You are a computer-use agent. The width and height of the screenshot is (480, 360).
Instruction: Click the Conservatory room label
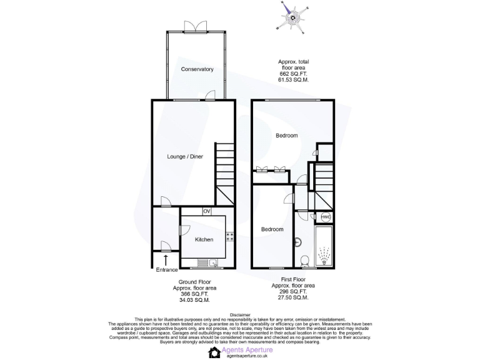pos(197,69)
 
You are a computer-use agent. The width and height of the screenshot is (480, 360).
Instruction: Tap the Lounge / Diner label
pos(184,156)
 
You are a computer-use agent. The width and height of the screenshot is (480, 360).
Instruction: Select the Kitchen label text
pos(204,239)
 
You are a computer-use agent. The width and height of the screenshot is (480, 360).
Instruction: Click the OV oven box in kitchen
pos(206,211)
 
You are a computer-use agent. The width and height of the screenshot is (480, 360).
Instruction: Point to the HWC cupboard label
pos(326,217)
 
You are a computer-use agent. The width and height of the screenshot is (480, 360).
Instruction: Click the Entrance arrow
pos(166,259)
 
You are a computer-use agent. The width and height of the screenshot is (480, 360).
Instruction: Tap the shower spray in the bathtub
pos(325,257)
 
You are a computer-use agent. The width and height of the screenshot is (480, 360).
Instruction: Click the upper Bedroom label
pos(287,136)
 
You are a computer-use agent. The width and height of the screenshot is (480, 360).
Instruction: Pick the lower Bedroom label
pos(272,229)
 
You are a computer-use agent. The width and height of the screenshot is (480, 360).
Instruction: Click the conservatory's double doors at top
pos(192,26)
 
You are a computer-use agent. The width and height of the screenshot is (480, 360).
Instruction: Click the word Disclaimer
pos(240,315)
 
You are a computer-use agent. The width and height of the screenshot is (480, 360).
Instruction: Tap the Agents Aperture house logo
pos(214,352)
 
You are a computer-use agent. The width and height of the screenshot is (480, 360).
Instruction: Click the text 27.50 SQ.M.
pos(293,296)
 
